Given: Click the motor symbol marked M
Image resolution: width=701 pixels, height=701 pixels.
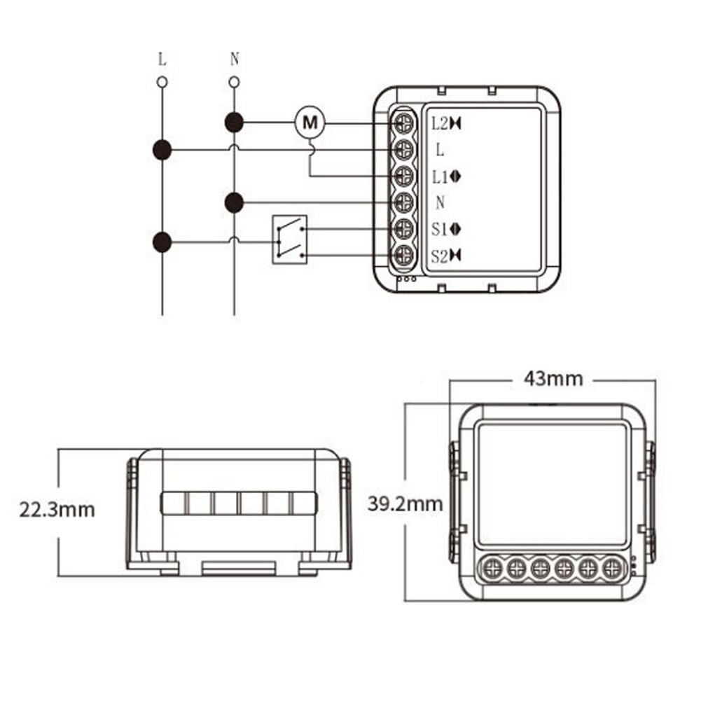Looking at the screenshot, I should point(308,123).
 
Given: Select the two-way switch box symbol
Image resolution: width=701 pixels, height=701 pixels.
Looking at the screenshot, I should point(289,240).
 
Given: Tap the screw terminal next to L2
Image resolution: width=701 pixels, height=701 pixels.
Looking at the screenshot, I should point(403,123).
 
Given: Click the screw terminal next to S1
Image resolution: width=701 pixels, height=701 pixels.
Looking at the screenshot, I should point(403,229).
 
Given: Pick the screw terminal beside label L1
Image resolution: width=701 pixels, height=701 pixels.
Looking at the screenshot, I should point(403,176).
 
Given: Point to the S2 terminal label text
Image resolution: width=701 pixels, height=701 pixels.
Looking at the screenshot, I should point(439,256).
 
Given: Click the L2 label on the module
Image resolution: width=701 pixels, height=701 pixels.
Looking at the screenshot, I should point(439,124).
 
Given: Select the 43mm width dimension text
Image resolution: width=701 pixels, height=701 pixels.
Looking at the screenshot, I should point(553,379).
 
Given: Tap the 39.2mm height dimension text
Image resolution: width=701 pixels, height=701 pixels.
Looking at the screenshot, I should point(405,503).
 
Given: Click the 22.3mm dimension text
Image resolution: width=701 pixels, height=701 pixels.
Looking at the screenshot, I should point(57,509).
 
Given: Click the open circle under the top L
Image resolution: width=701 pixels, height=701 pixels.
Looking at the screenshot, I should point(162,83).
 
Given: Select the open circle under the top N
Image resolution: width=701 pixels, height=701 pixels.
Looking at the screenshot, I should point(234,83).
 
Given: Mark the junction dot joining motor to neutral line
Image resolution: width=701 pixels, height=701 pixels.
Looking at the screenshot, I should point(234,123).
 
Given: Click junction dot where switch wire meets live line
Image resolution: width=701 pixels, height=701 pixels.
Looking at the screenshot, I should point(162,242).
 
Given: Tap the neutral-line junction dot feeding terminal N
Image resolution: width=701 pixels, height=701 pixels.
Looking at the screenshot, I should point(234,203).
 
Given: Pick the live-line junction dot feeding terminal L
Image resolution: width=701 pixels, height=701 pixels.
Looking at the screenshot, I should point(162,149).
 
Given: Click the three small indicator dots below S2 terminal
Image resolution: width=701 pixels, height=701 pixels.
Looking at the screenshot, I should point(406,279).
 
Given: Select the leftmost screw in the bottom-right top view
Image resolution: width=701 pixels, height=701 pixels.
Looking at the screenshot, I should point(493,567).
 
